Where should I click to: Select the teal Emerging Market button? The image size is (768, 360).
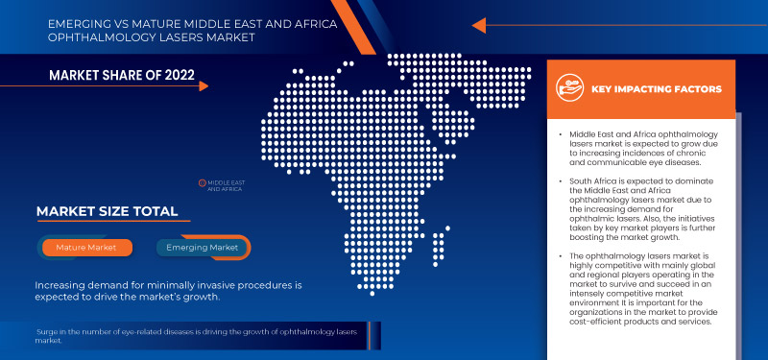click(x=203, y=248)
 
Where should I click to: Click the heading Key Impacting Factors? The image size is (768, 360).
click(x=656, y=89)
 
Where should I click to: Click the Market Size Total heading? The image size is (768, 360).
click(x=107, y=211)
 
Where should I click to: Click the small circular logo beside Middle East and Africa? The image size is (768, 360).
click(x=203, y=181)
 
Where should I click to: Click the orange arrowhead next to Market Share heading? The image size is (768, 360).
click(x=202, y=86)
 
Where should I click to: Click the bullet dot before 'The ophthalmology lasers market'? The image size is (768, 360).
click(x=561, y=255)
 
